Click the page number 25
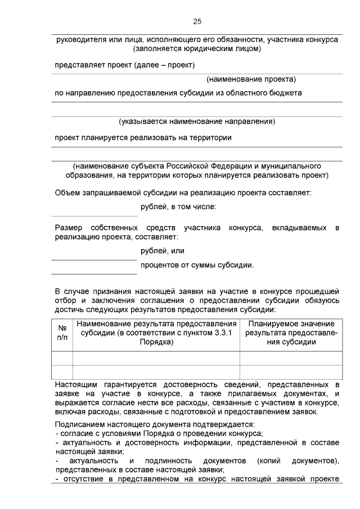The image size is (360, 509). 197,21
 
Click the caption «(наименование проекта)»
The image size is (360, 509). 251,79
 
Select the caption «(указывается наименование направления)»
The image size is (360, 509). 196,121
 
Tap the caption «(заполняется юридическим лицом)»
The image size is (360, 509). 196,49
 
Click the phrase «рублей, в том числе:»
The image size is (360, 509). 178,208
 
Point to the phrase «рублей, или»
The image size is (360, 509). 163,251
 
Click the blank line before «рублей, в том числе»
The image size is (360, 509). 94,215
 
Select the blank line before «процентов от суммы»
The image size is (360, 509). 94,273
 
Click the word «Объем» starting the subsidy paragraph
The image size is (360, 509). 67,193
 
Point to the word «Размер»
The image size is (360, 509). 68,228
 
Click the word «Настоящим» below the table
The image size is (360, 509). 75,384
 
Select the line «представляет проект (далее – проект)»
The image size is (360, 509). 124,65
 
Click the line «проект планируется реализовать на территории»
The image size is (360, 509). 143,137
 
